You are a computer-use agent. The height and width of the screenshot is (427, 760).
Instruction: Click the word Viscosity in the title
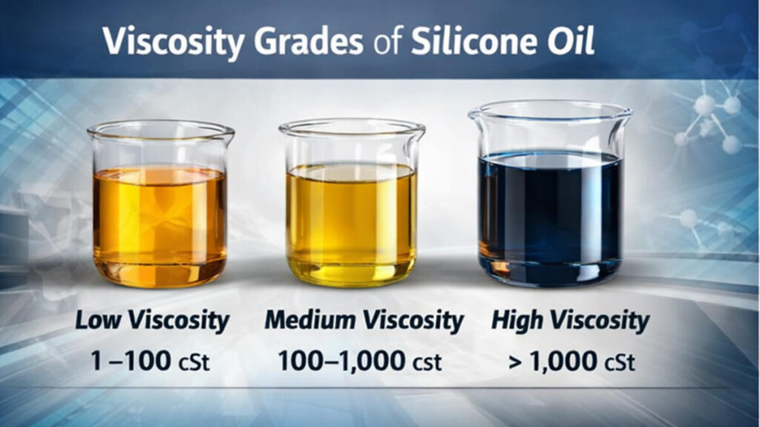pos(172,42)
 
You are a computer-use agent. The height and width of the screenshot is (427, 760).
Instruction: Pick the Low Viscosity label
pos(152,322)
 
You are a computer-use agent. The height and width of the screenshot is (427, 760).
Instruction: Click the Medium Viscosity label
pos(364,322)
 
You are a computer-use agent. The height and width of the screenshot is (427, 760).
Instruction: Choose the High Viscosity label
pos(570,322)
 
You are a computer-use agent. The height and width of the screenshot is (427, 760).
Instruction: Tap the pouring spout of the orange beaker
pos(93,133)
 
